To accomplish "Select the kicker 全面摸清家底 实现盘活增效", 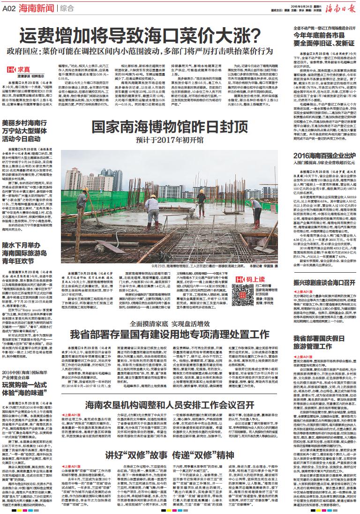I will (x=170, y=323).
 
